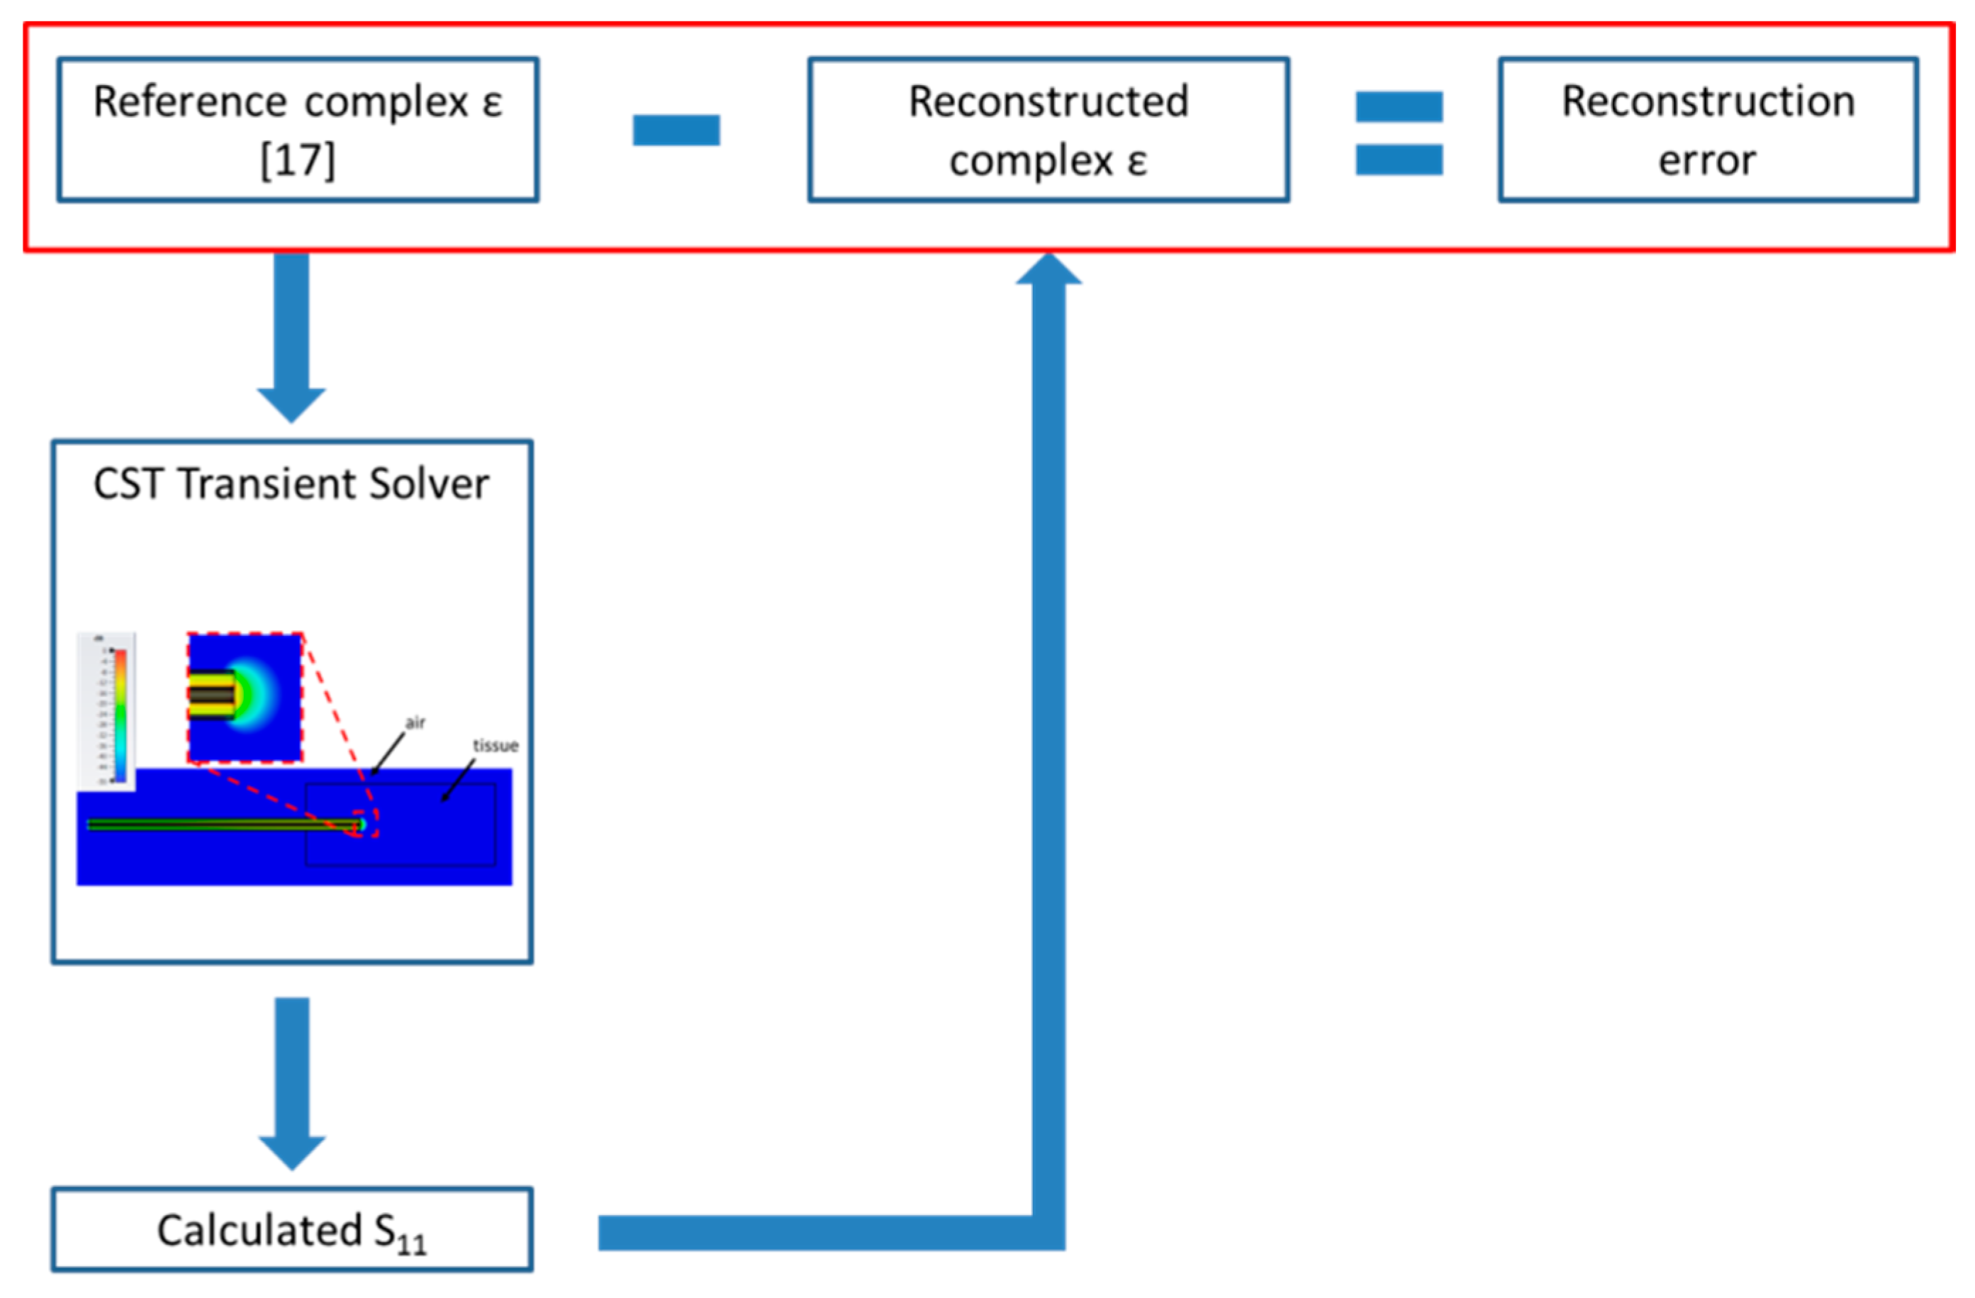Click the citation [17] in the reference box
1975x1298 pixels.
point(298,160)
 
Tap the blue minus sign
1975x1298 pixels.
point(676,130)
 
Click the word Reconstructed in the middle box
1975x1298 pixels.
point(1048,102)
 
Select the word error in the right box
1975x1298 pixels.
point(1707,160)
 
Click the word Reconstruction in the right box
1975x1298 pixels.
point(1708,101)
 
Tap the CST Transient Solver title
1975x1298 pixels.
point(291,484)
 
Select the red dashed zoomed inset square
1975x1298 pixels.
point(245,697)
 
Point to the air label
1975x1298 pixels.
point(415,722)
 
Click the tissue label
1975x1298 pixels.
point(496,745)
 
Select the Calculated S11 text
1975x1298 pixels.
point(291,1231)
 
